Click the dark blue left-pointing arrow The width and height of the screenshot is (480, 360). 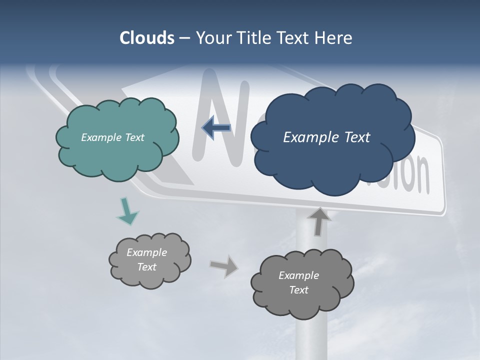pos(216,128)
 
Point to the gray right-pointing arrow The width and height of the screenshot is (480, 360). pos(224,265)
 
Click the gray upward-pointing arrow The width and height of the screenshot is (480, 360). pos(318,221)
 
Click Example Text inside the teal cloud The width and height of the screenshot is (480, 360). pos(112,137)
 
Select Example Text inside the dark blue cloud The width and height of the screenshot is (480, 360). pos(326,137)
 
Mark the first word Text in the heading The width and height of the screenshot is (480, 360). pos(291,38)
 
